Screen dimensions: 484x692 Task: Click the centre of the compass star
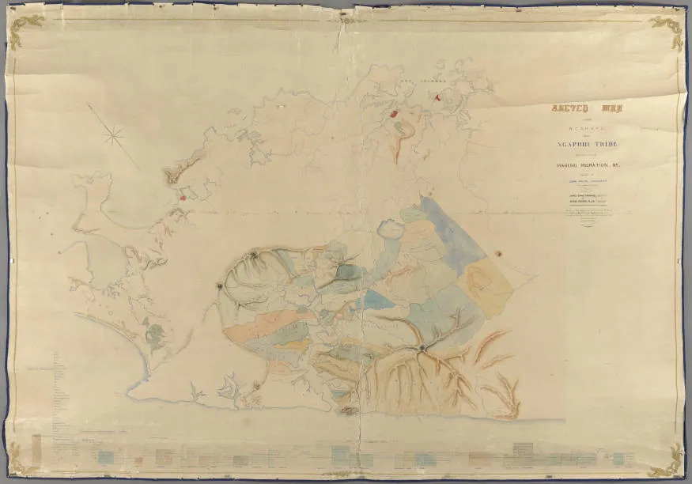point(113,137)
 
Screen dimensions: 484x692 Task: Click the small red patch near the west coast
point(183,198)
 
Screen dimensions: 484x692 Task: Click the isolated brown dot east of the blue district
point(499,253)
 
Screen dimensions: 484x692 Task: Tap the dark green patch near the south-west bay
point(155,335)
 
